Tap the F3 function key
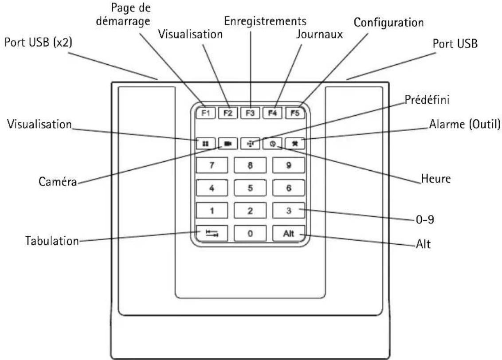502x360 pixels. pyautogui.click(x=250, y=113)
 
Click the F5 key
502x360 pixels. pyautogui.click(x=295, y=113)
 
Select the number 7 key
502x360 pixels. pyautogui.click(x=212, y=165)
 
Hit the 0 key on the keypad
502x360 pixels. pyautogui.click(x=250, y=233)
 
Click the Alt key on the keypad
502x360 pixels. pyautogui.click(x=288, y=233)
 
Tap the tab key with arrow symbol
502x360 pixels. pyautogui.click(x=212, y=233)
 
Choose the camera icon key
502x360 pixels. pyautogui.click(x=227, y=144)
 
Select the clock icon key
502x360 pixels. pyautogui.click(x=272, y=144)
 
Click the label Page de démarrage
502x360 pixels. pyautogui.click(x=124, y=14)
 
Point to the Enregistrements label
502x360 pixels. pyautogui.click(x=265, y=21)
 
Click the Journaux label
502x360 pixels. pyautogui.click(x=319, y=34)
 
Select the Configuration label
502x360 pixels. pyautogui.click(x=388, y=23)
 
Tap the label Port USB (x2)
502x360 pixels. pyautogui.click(x=38, y=42)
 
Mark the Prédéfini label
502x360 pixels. pyautogui.click(x=427, y=99)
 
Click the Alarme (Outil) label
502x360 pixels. pyautogui.click(x=465, y=124)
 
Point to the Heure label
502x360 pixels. pyautogui.click(x=435, y=178)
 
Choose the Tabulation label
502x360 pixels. pyautogui.click(x=52, y=241)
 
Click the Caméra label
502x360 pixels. pyautogui.click(x=58, y=181)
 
